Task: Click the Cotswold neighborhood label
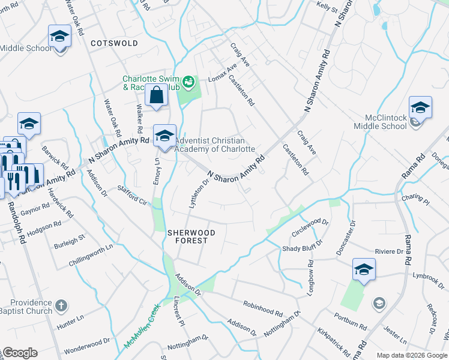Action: (114, 43)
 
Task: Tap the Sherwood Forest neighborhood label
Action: (187, 236)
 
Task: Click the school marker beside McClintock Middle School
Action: (420, 109)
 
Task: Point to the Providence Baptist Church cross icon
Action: (61, 307)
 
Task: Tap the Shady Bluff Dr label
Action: (303, 247)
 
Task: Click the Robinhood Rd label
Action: (263, 308)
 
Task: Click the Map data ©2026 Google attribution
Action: (412, 355)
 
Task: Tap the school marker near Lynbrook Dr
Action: (364, 271)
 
